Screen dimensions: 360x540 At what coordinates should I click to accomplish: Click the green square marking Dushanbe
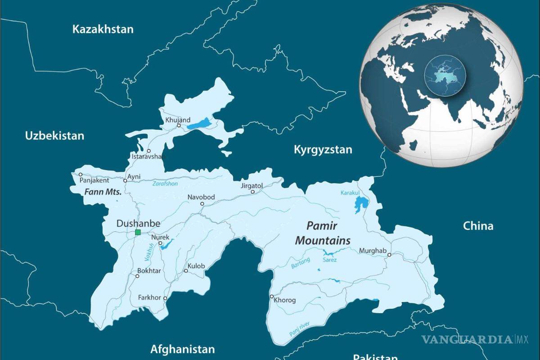coord(138,232)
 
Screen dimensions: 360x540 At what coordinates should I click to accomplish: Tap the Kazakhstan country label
coord(103,30)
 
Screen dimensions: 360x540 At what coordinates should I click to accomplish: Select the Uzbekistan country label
coord(54,135)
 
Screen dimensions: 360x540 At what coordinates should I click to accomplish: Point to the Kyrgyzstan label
coord(323,150)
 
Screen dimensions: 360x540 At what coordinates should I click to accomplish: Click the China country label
coord(478,226)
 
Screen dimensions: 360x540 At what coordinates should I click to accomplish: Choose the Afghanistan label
coord(182,349)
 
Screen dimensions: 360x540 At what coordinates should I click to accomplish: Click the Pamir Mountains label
coord(322,233)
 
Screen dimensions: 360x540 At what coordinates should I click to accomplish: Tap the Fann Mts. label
coord(103,192)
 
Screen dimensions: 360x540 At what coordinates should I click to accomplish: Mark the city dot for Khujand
coord(179,126)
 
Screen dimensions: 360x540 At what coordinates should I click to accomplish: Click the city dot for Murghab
coord(389,255)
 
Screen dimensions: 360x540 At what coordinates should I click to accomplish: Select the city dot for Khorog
coord(271,296)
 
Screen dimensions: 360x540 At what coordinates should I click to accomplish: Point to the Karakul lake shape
coord(360,205)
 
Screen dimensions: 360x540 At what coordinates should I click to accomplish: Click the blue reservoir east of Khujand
coord(199,124)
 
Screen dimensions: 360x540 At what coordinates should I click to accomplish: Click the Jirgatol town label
coord(251,185)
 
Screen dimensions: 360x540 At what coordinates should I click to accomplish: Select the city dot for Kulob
coord(185,271)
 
